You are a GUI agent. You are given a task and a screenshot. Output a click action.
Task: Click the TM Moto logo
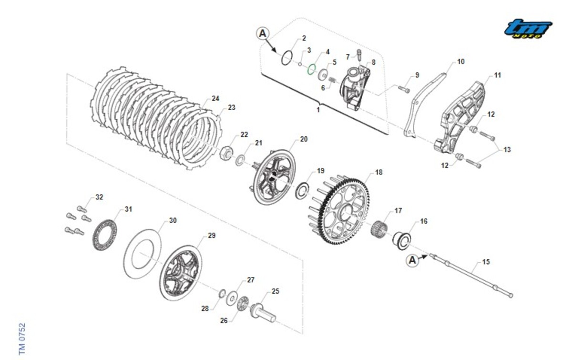pyautogui.click(x=528, y=29)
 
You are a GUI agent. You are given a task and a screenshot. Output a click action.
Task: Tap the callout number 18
pyautogui.click(x=378, y=172)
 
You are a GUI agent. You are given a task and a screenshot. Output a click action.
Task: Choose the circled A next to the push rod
pyautogui.click(x=413, y=260)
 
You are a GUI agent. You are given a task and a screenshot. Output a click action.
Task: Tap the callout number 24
pyautogui.click(x=215, y=99)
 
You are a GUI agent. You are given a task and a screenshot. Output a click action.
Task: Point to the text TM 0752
pyautogui.click(x=22, y=339)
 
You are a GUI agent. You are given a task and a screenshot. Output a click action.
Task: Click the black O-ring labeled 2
pyautogui.click(x=287, y=58)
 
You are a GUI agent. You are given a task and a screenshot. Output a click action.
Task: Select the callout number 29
pyautogui.click(x=212, y=236)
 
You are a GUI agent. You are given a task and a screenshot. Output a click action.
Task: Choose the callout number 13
pyautogui.click(x=507, y=150)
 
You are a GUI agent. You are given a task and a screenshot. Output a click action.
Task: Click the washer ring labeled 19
pyautogui.click(x=301, y=190)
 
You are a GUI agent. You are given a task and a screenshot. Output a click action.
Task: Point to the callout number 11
pyautogui.click(x=497, y=75)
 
